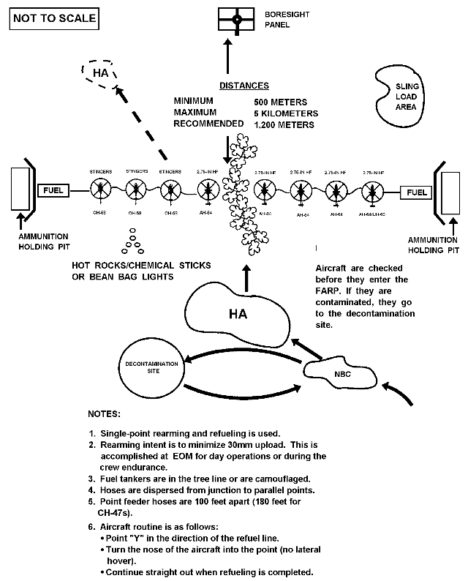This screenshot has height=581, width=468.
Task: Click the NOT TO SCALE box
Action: [53, 18]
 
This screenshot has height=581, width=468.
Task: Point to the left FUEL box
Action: [53, 192]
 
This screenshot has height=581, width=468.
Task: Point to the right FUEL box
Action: [417, 192]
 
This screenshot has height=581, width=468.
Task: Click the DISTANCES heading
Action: [244, 86]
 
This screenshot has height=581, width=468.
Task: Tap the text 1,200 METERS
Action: [284, 124]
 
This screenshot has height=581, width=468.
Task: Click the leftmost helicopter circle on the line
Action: [100, 191]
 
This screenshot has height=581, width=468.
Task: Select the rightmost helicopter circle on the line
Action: [374, 192]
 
